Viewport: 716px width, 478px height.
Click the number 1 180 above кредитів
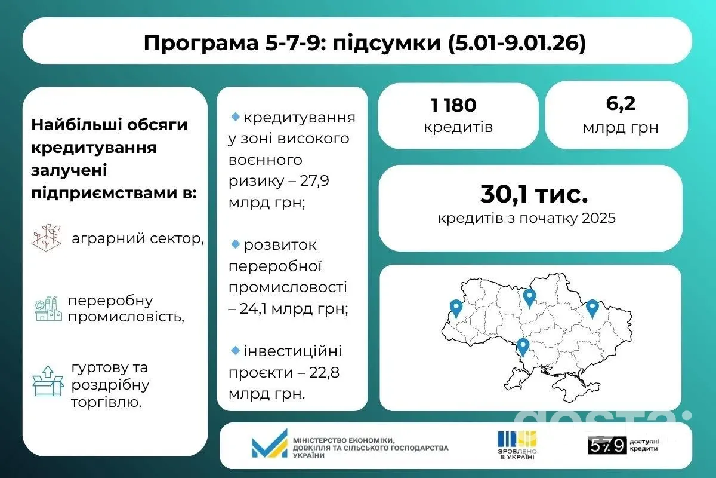point(453,106)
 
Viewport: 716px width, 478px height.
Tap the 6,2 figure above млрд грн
point(621,104)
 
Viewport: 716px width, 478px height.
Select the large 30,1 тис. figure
point(533,195)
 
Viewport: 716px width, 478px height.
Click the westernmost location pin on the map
point(456,308)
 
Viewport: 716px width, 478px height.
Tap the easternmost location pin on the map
point(592,307)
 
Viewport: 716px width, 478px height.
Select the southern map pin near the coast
point(523,347)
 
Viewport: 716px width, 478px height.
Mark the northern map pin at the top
point(529,297)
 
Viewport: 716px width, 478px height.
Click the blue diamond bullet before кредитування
point(234,116)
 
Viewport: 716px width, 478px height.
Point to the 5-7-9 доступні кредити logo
point(624,445)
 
